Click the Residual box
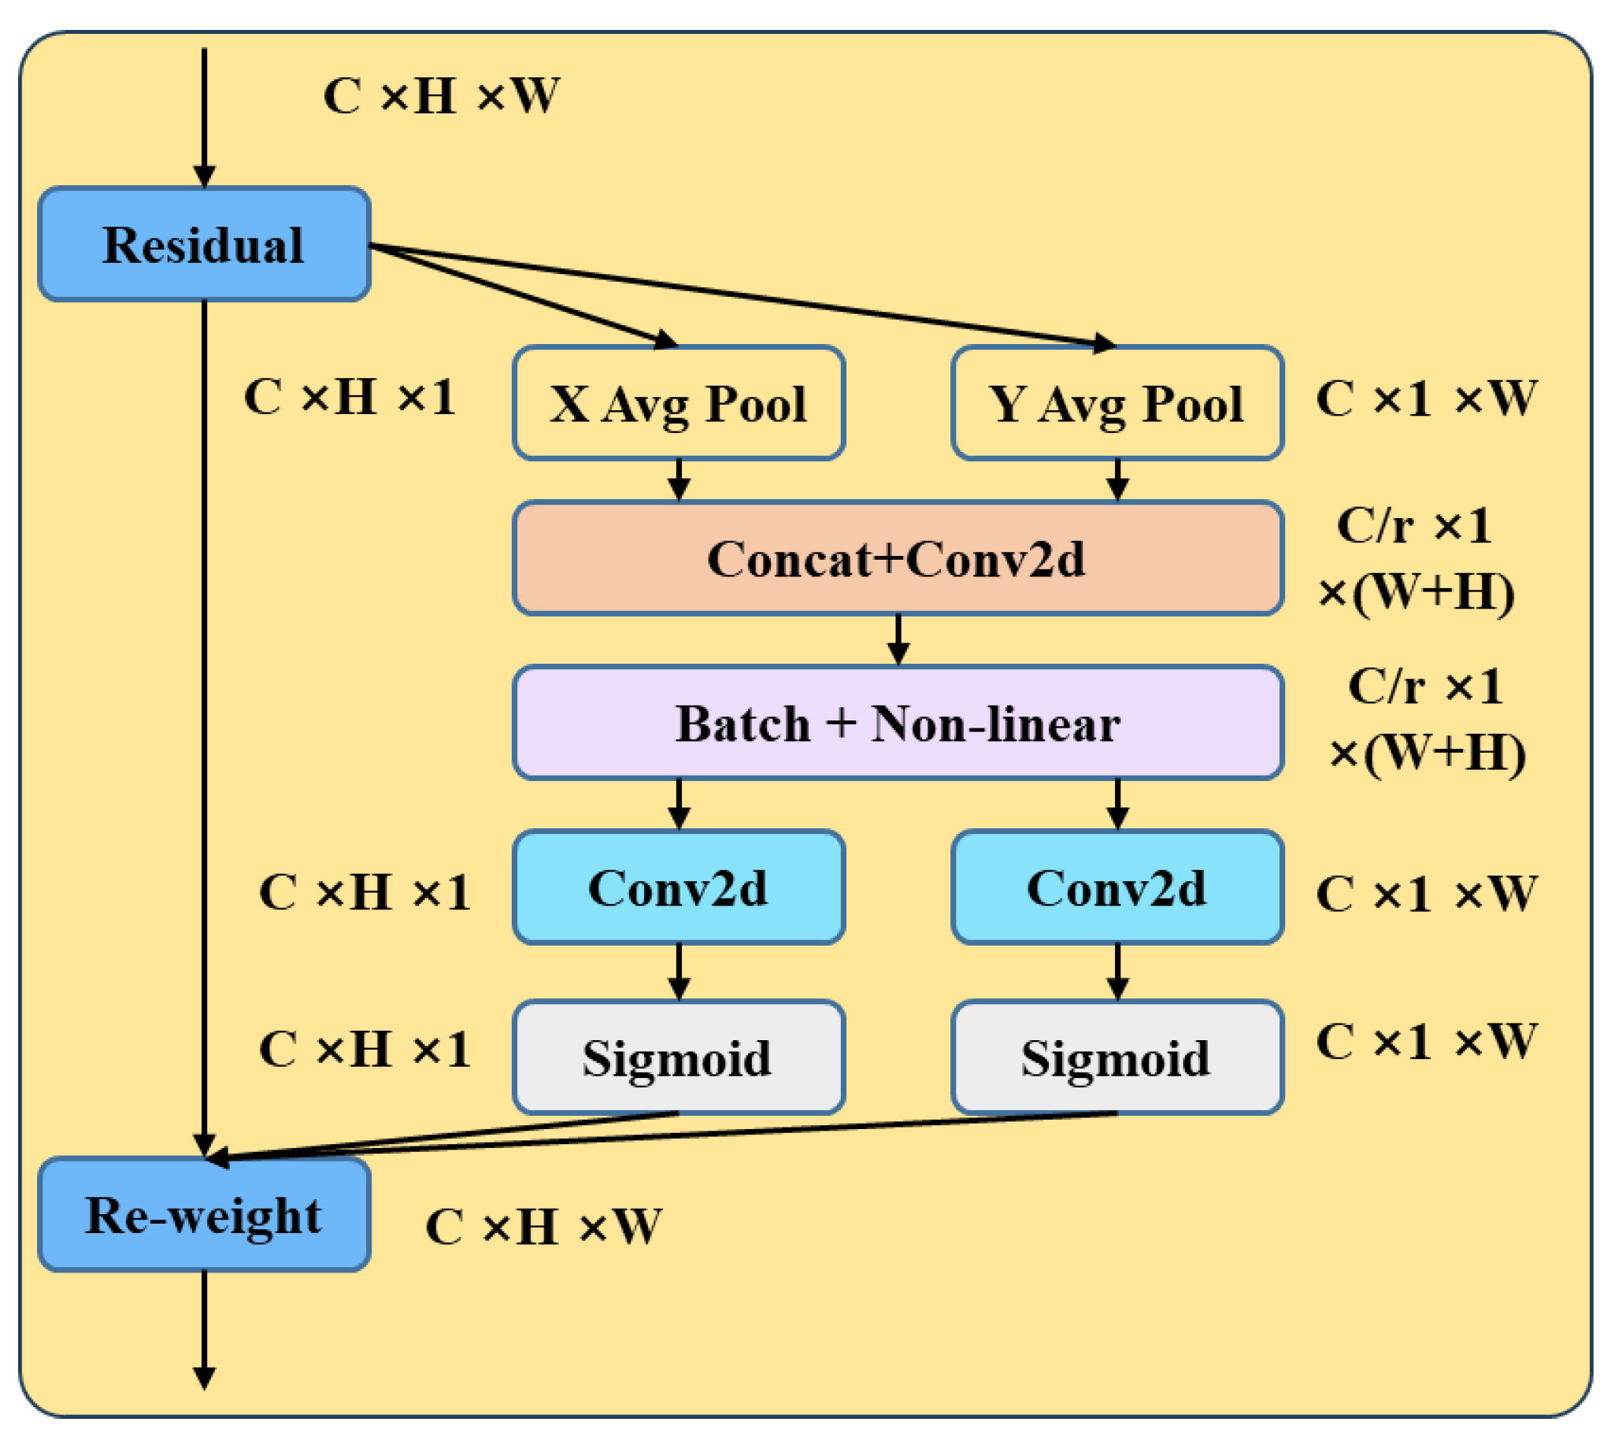(204, 244)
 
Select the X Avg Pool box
(678, 402)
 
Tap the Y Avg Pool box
(1117, 402)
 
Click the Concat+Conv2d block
(898, 557)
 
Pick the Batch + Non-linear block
(898, 722)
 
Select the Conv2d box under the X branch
(678, 887)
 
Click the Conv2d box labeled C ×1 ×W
(1117, 887)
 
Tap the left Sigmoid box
(678, 1057)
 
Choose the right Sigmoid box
(1117, 1057)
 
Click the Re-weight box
(204, 1215)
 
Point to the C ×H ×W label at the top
(441, 96)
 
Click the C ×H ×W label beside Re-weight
(543, 1226)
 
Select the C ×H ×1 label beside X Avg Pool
(350, 396)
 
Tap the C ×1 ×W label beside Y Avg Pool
(1425, 398)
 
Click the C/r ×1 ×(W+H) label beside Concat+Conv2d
(1415, 558)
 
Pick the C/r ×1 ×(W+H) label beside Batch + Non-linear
(1427, 719)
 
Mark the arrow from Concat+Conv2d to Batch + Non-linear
(898, 639)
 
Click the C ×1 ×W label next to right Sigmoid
(1425, 1041)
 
